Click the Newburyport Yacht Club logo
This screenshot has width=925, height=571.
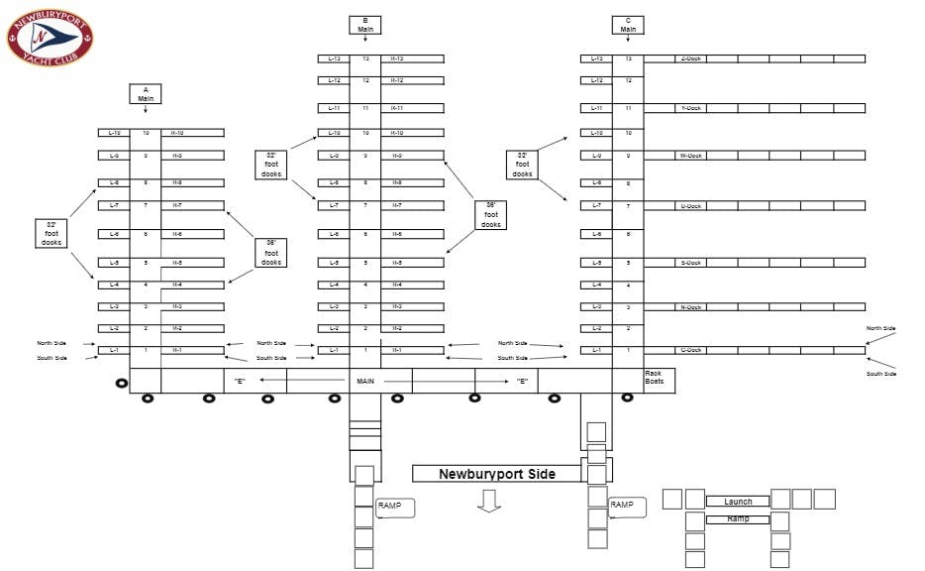(x=50, y=38)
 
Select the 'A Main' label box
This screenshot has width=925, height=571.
(x=146, y=94)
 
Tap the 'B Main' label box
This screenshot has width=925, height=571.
(x=365, y=25)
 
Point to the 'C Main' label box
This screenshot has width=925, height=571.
(x=628, y=25)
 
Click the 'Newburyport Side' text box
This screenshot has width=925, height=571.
(x=497, y=474)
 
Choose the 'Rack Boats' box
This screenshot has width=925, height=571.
(x=655, y=378)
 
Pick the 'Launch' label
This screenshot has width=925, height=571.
(x=738, y=502)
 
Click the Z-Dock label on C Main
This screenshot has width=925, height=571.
(x=690, y=58)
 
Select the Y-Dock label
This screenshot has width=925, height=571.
(x=690, y=108)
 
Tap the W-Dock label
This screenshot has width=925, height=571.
(x=690, y=156)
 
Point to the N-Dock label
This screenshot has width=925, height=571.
(x=690, y=307)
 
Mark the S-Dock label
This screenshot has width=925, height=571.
(x=690, y=263)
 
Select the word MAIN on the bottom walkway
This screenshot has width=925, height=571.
(x=365, y=380)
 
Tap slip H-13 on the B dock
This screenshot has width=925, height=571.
(x=397, y=58)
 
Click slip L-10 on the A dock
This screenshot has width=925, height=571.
(x=114, y=132)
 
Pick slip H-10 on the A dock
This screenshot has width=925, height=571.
(x=177, y=132)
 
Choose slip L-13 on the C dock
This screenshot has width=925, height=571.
(x=596, y=58)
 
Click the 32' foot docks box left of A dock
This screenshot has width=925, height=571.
(x=51, y=233)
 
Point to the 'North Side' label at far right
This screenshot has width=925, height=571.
(x=880, y=328)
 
